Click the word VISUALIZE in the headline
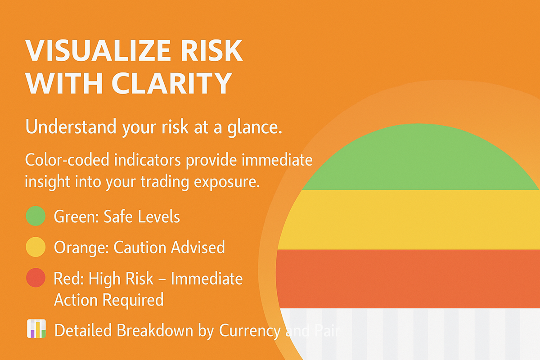(98, 51)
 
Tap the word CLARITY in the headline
(171, 83)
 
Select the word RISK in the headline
(211, 51)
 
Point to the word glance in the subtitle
(254, 127)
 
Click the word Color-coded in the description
(67, 160)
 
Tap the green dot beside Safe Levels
(36, 216)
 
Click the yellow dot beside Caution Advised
(36, 247)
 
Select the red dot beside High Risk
(36, 278)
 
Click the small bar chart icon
(36, 328)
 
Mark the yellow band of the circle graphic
(409, 220)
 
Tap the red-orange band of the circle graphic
(408, 279)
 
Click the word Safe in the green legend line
(118, 216)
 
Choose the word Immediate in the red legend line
(207, 279)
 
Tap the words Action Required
(109, 300)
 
